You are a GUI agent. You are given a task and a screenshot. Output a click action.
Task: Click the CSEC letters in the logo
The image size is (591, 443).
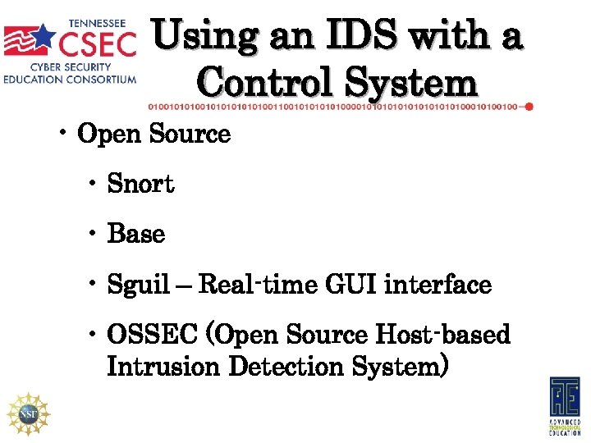click(x=98, y=41)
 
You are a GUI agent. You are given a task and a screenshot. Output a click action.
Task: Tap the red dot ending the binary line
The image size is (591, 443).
click(x=529, y=107)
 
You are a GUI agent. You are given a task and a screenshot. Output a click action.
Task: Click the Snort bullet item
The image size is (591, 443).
click(x=140, y=184)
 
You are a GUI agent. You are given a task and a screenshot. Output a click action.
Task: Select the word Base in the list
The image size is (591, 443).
click(x=136, y=234)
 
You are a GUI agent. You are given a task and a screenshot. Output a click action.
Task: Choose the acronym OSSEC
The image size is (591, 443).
click(x=153, y=335)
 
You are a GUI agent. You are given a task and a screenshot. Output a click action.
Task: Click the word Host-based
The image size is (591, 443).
click(x=442, y=335)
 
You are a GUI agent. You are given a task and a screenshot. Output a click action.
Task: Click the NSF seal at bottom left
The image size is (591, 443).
click(x=29, y=413)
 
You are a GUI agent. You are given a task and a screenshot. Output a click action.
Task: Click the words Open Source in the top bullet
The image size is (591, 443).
click(x=153, y=133)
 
